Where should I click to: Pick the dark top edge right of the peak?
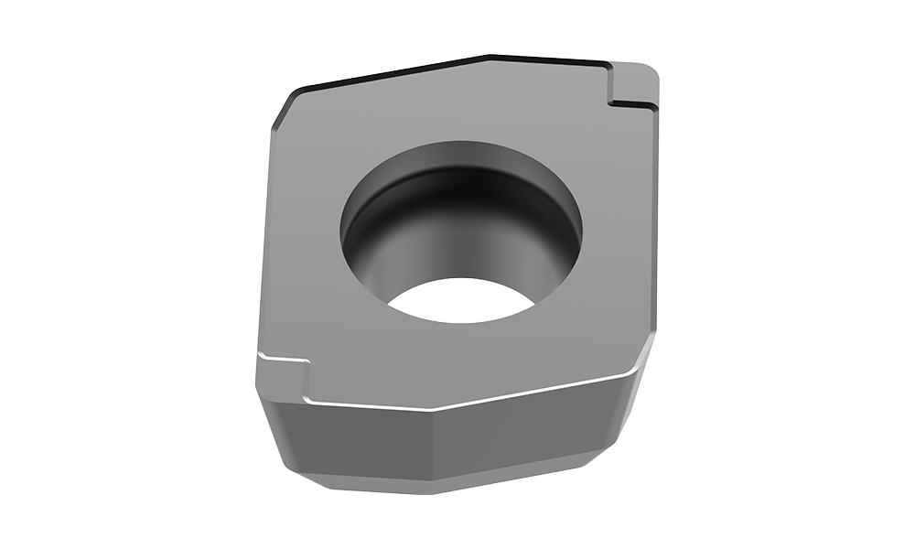click(540, 61)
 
